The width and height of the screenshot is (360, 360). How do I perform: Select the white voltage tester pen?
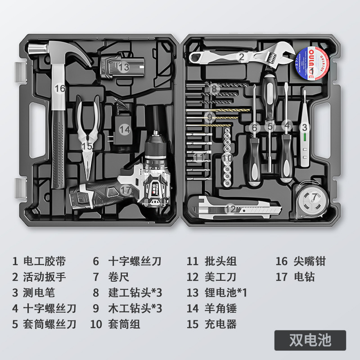coord(305,130)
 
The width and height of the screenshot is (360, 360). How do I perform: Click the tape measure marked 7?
coord(313,198)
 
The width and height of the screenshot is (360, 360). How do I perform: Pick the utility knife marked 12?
coord(234,208)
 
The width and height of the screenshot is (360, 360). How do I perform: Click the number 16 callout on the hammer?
coord(60,89)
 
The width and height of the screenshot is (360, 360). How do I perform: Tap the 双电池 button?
coord(310,340)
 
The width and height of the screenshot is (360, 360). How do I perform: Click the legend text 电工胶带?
coord(45,261)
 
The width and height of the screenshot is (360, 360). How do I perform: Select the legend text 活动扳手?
coord(45,277)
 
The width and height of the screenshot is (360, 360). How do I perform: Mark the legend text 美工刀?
coord(219,277)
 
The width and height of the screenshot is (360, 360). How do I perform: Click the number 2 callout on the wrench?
coord(242,57)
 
